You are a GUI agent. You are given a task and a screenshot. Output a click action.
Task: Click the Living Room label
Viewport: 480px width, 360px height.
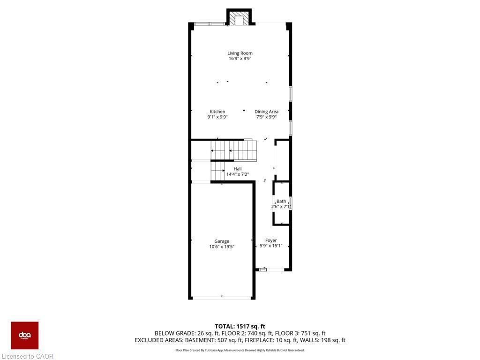click(x=240, y=53)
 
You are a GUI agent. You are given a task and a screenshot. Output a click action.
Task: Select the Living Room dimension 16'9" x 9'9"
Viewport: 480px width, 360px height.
click(x=240, y=59)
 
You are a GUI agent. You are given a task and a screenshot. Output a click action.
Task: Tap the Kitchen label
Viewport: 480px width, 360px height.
click(x=217, y=112)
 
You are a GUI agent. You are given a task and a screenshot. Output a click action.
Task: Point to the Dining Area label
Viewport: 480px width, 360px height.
click(x=266, y=112)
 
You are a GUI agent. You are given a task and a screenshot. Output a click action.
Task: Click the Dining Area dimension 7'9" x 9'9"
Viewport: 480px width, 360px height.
click(x=266, y=117)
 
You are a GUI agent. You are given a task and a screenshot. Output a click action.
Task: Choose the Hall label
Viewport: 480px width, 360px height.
click(x=238, y=169)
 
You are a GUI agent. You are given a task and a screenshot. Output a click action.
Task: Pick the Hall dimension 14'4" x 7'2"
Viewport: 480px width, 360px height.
click(x=238, y=174)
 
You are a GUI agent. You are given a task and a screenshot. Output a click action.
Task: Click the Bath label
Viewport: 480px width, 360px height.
click(x=281, y=201)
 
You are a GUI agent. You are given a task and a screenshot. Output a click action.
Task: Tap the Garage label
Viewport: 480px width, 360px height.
click(x=222, y=241)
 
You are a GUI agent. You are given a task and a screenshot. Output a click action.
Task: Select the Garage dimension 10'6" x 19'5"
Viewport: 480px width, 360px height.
click(x=222, y=247)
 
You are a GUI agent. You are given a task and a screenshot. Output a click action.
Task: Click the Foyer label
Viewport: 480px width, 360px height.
click(x=271, y=240)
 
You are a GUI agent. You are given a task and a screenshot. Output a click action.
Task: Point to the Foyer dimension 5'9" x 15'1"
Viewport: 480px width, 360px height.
click(x=271, y=246)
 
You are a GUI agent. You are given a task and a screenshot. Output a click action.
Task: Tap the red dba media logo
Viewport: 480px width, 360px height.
click(x=24, y=335)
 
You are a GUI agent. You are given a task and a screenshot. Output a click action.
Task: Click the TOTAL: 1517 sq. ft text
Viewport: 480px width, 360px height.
click(x=240, y=326)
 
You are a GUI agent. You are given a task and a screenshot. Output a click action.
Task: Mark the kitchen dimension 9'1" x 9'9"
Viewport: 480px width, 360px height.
click(x=217, y=117)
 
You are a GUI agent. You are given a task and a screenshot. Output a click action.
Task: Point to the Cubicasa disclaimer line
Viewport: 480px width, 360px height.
click(x=240, y=350)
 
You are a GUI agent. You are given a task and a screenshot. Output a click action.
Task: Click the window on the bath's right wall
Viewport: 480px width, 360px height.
click(x=291, y=203)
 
